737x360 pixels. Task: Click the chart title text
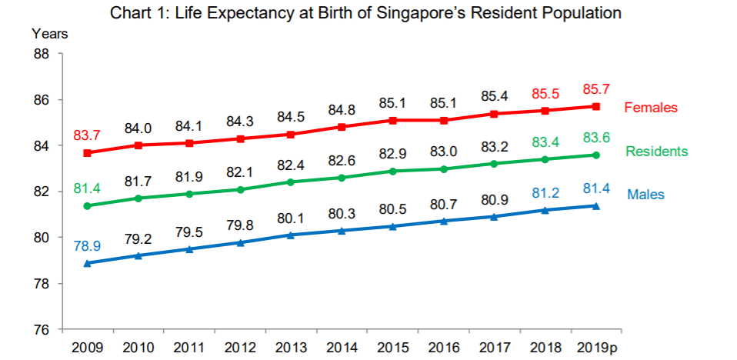pos(365,13)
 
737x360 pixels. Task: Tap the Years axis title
pos(50,34)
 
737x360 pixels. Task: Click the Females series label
pos(651,108)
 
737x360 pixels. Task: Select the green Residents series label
pos(656,152)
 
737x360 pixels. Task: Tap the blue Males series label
pos(645,195)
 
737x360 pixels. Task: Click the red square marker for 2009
pos(88,152)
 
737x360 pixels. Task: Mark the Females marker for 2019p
pos(596,106)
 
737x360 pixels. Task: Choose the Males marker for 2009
pos(88,263)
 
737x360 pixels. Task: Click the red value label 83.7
pos(88,136)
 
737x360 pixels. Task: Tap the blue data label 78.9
pos(88,246)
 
